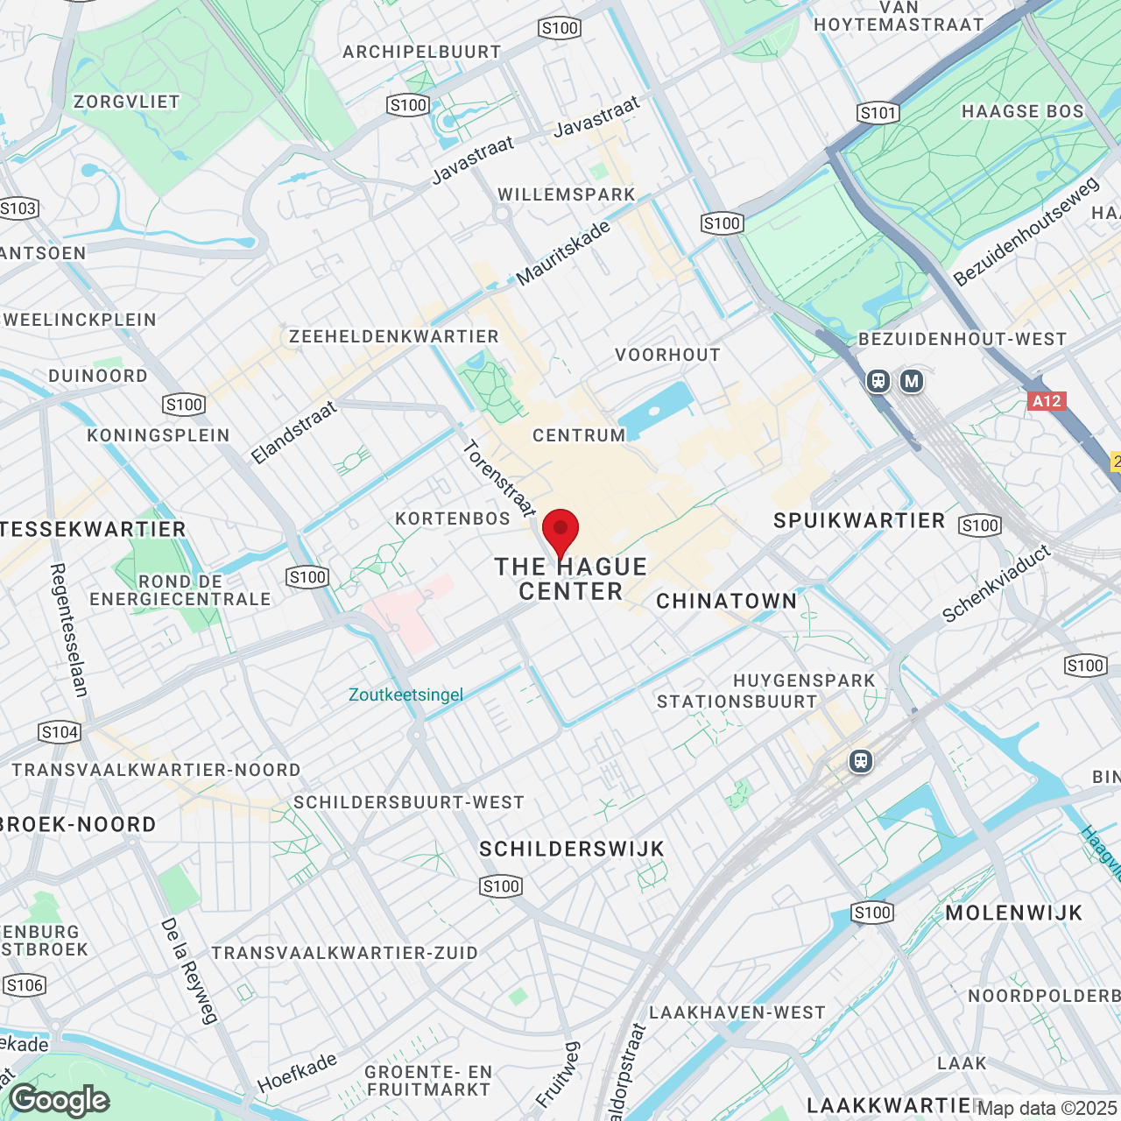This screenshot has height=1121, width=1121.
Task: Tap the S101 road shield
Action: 878,112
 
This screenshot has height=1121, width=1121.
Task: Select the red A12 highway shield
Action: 1047,401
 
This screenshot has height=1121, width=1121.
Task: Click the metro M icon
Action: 912,381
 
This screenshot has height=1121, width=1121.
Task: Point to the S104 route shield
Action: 60,732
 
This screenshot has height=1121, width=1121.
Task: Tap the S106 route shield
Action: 24,985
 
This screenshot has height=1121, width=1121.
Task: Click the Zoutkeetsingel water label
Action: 405,694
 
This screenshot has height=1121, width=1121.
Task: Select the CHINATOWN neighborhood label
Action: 727,601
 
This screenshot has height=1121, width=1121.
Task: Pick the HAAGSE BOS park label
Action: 1023,111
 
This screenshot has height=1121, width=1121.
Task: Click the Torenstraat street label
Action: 498,478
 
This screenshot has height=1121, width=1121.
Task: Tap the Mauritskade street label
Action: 563,253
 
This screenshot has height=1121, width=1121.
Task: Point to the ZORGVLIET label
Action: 127,102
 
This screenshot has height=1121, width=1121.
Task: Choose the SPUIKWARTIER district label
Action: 859,520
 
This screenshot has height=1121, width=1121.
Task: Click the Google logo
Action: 60,1100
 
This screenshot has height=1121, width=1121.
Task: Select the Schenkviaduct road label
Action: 997,583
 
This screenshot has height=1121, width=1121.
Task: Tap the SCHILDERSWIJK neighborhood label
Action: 572,849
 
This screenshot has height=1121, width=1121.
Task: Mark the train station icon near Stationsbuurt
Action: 861,761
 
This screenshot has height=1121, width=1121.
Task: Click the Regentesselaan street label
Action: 69,630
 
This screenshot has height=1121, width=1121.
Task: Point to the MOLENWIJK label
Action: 1014,913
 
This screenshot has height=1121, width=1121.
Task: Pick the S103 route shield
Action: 18,208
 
